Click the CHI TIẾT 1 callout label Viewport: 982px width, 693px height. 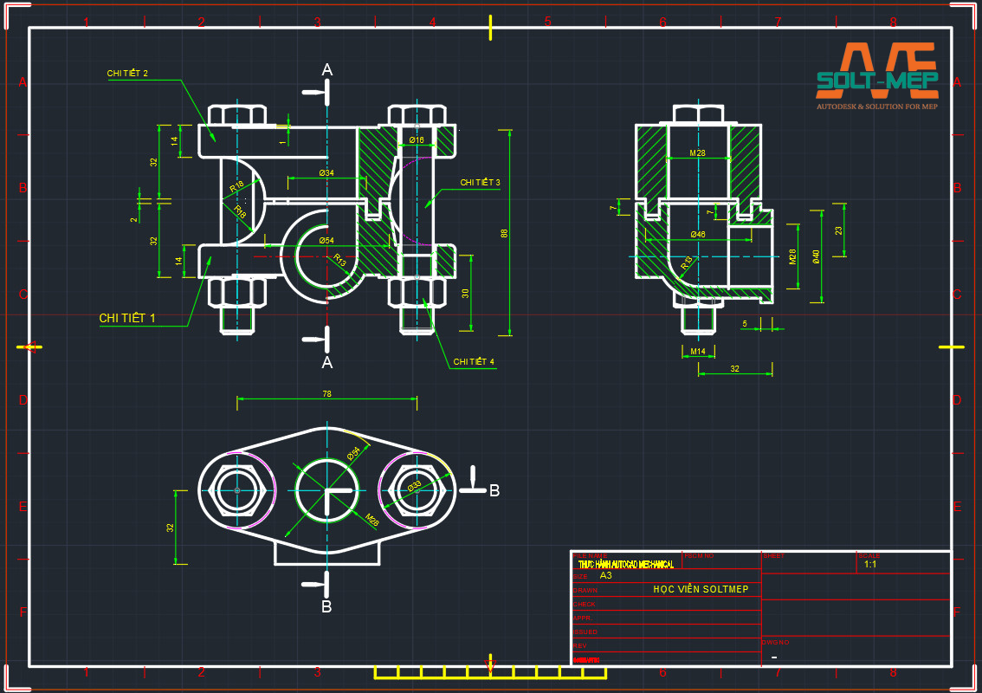[x=127, y=318]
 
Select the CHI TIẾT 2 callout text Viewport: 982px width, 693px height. [x=127, y=74]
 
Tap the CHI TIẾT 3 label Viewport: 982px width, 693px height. [x=480, y=183]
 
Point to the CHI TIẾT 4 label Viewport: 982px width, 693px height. [x=473, y=361]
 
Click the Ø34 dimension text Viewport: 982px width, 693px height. [x=326, y=173]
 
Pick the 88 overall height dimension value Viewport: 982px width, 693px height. [x=504, y=233]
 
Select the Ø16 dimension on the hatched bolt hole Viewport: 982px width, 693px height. [x=417, y=140]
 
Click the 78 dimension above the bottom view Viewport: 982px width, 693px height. [x=326, y=393]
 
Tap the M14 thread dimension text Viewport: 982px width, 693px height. [x=697, y=351]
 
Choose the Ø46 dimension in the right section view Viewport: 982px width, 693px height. [x=697, y=235]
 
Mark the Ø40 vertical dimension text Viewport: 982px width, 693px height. [x=815, y=257]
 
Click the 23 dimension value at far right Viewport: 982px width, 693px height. [x=838, y=230]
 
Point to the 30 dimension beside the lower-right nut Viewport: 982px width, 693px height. [x=465, y=293]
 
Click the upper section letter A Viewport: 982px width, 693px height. [x=326, y=70]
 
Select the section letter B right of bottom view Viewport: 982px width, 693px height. [x=494, y=490]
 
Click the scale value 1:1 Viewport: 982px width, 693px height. [x=870, y=564]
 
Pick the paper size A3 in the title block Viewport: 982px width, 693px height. [x=605, y=575]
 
